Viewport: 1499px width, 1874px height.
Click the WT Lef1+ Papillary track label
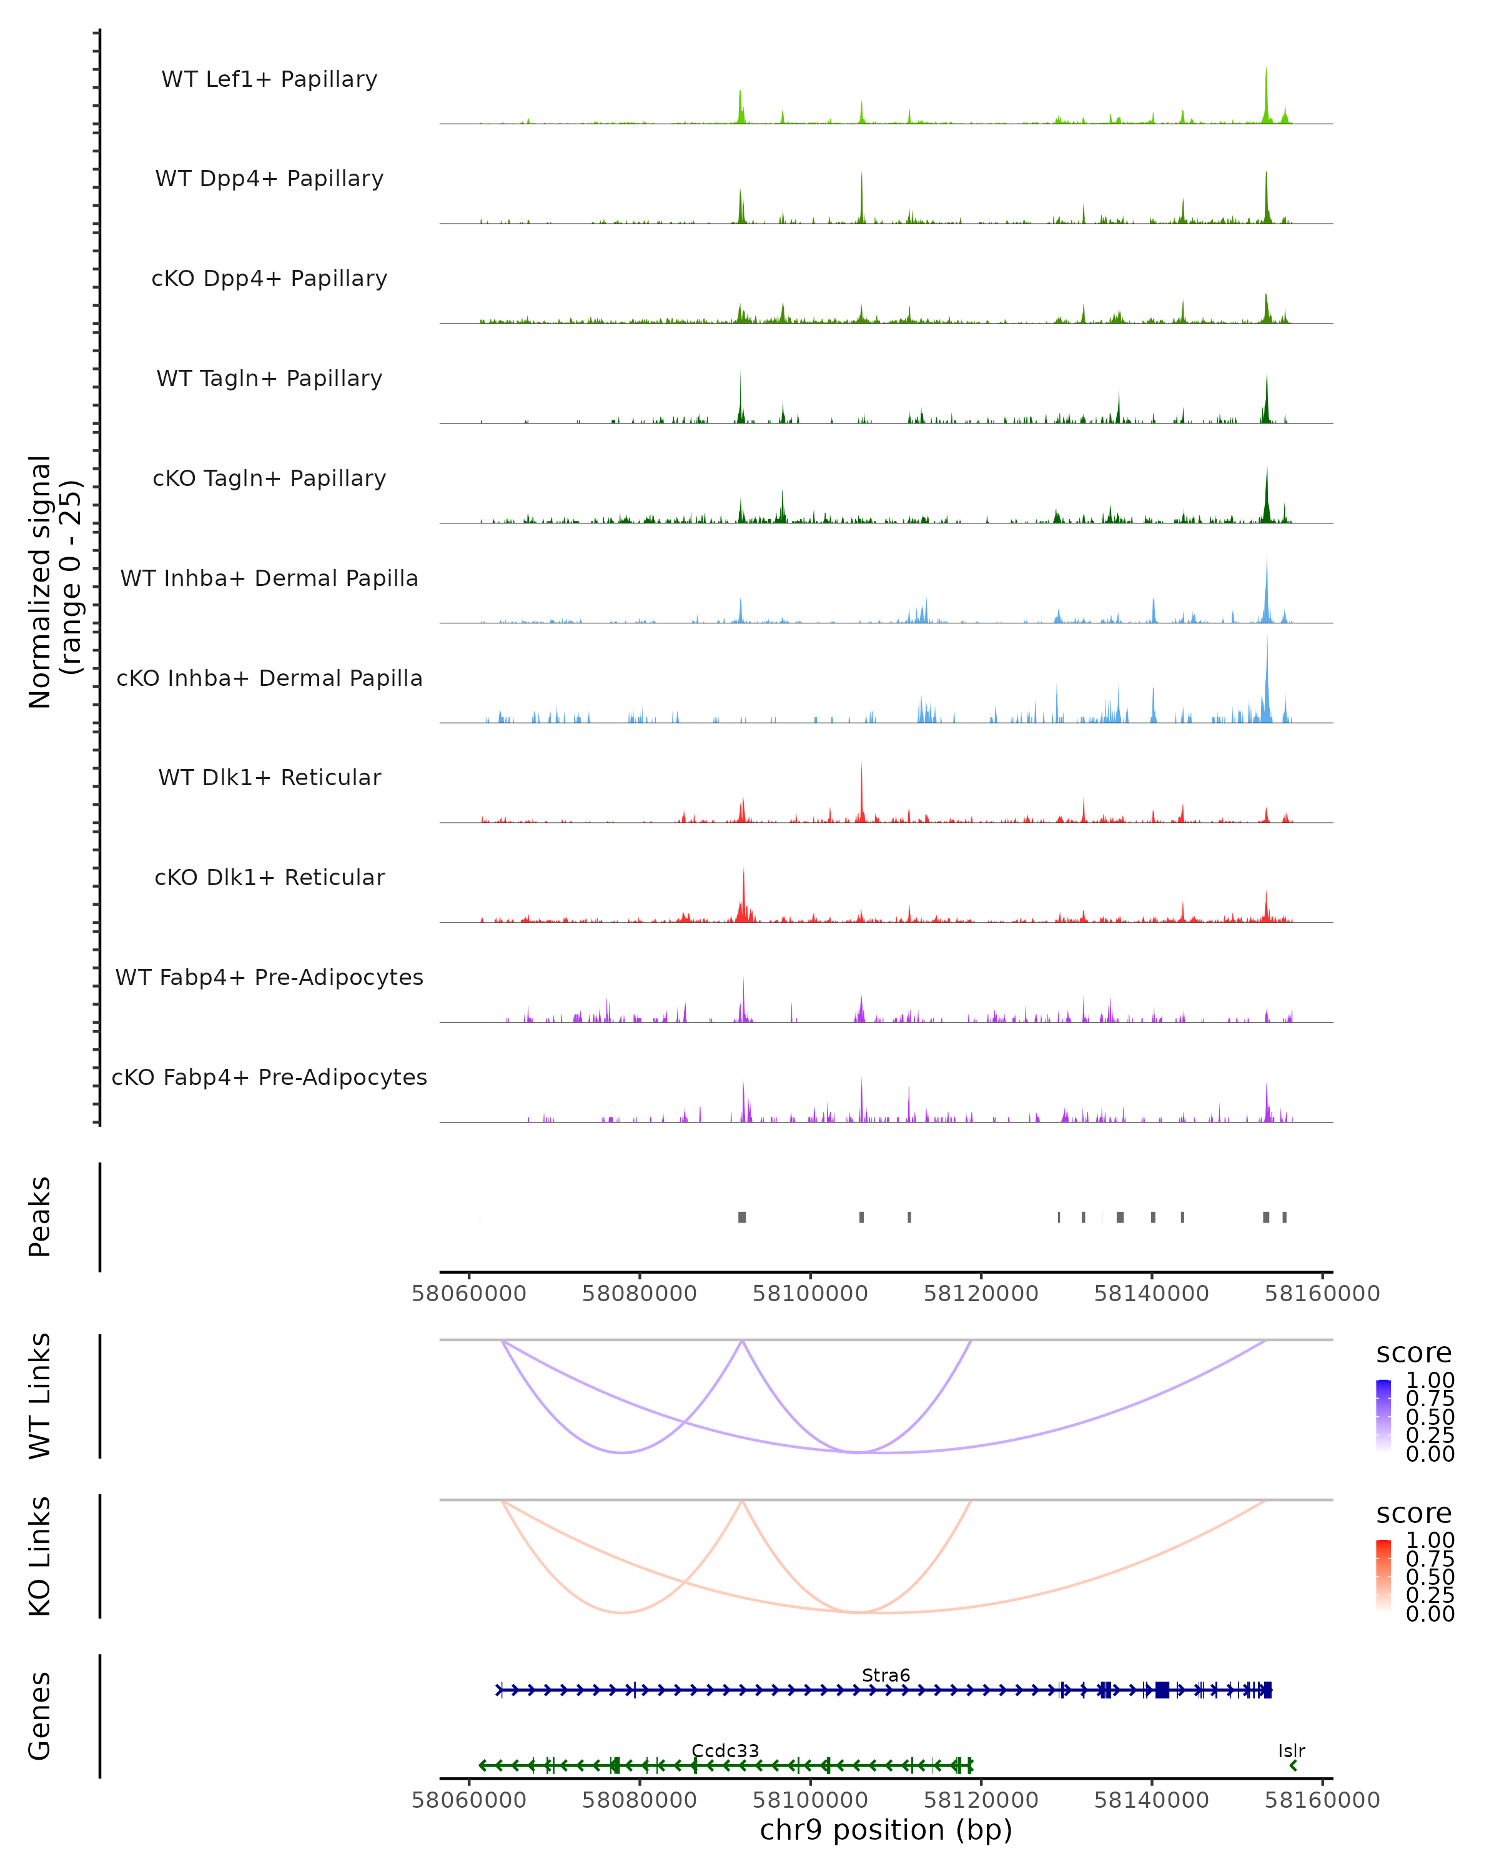click(269, 79)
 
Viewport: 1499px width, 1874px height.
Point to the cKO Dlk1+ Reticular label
click(269, 877)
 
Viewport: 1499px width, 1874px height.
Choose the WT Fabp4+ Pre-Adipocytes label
click(269, 977)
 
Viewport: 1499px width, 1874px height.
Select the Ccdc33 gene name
click(725, 1750)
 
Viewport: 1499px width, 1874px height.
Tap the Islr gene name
click(1291, 1750)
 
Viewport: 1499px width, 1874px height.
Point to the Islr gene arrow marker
click(1293, 1765)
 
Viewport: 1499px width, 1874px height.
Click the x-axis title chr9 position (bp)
click(886, 1830)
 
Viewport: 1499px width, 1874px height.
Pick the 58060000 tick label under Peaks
click(468, 1294)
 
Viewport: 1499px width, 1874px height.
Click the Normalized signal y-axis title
click(54, 582)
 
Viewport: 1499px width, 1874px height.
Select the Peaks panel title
click(40, 1217)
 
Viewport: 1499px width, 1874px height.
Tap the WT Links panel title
click(40, 1396)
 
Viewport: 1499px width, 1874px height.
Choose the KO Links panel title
click(40, 1557)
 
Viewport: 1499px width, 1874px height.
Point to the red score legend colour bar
click(1383, 1576)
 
